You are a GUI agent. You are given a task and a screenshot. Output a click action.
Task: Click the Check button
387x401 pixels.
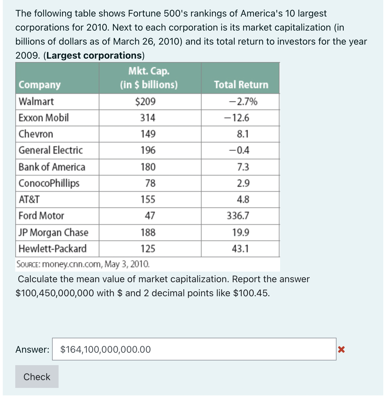click(37, 377)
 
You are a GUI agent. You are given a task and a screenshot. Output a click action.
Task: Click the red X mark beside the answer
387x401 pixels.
click(341, 350)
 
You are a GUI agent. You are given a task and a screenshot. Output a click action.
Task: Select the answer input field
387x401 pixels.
click(194, 349)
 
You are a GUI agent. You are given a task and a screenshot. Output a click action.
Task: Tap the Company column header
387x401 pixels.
click(40, 85)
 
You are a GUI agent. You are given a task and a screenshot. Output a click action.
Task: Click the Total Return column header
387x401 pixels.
click(241, 85)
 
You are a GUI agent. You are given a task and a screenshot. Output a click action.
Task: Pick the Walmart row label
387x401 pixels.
click(36, 101)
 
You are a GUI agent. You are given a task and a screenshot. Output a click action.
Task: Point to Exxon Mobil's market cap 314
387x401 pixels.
click(148, 118)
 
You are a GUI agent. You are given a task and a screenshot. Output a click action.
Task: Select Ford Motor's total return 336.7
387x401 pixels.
click(238, 215)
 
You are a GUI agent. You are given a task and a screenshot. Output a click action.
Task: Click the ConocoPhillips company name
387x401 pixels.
click(49, 183)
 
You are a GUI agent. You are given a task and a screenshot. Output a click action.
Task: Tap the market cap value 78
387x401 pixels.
click(150, 183)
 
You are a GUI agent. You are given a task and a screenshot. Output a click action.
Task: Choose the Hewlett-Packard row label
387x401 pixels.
click(52, 249)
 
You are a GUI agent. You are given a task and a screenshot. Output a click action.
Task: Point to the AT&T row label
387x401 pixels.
click(29, 199)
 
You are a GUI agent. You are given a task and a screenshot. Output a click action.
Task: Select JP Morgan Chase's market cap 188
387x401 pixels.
click(148, 232)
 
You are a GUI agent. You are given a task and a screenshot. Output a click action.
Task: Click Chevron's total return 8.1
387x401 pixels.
click(243, 134)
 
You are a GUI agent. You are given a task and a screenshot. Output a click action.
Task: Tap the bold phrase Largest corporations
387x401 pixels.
click(94, 56)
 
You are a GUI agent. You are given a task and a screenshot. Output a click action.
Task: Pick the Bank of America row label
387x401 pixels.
click(52, 167)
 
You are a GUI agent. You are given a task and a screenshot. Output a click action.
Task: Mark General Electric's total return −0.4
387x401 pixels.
click(239, 150)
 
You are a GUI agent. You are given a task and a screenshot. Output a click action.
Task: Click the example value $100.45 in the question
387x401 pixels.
click(251, 293)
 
